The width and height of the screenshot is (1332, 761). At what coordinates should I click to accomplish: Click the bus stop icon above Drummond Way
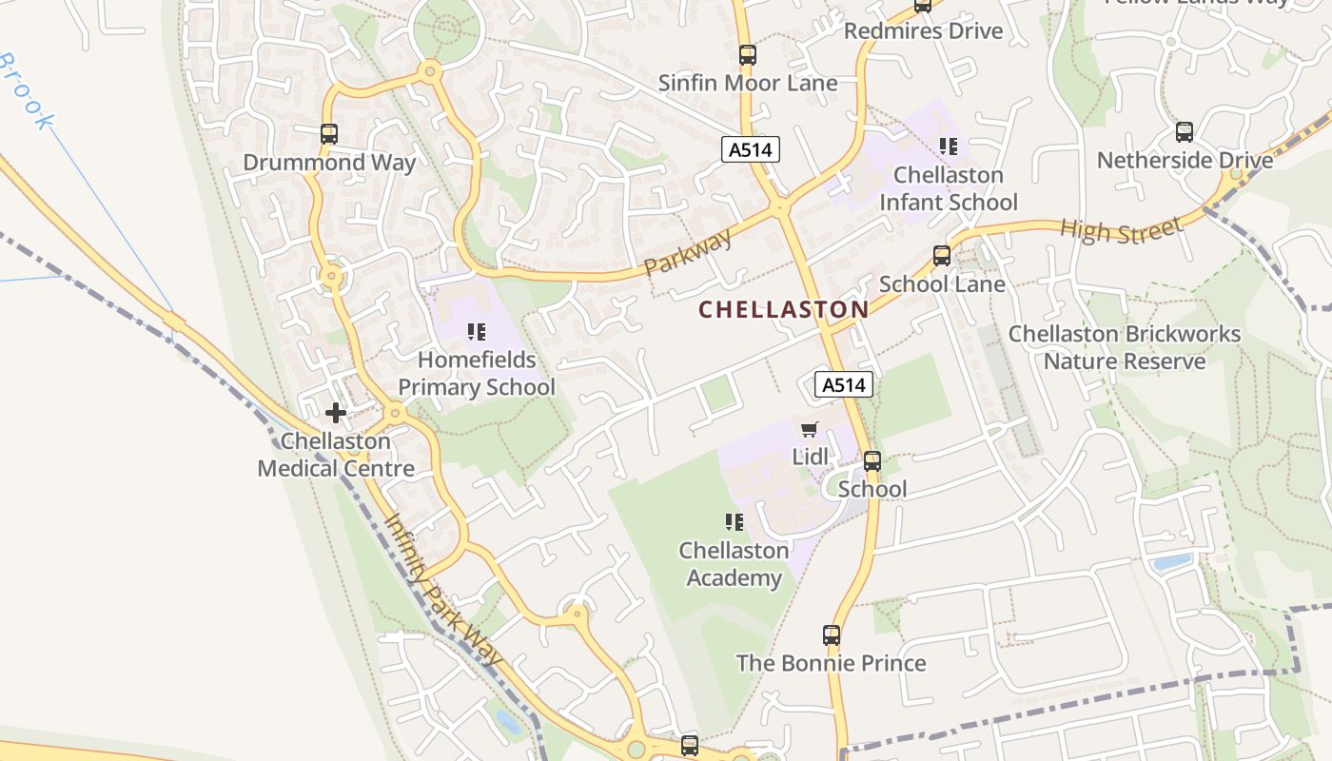tap(329, 134)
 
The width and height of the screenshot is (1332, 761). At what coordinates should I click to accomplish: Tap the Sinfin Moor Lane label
tap(748, 83)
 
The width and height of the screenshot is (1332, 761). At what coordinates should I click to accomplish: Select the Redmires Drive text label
tap(923, 30)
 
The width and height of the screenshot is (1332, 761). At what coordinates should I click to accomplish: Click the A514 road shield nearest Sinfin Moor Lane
tap(750, 149)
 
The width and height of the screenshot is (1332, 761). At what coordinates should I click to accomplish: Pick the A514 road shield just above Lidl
tap(843, 384)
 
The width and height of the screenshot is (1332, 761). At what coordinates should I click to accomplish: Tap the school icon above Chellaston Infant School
tap(948, 146)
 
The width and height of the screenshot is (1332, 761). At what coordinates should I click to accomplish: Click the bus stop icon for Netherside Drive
tap(1185, 132)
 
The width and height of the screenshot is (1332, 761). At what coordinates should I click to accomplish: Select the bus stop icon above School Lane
tap(942, 255)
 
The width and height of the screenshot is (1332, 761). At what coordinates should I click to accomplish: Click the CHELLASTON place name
tap(783, 309)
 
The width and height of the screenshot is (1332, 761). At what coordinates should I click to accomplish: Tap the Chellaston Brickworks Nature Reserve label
tap(1124, 347)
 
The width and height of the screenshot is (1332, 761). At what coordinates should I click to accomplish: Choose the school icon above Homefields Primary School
tap(477, 332)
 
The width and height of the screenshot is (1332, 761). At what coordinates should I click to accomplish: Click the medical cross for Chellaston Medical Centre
tap(335, 413)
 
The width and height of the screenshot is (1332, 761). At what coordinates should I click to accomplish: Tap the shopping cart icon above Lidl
tap(809, 430)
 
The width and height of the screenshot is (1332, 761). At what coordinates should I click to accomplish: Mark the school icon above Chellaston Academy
tap(734, 522)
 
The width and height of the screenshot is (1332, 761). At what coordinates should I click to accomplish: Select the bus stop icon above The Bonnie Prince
tap(832, 634)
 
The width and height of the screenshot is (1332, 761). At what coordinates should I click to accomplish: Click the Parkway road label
tap(688, 252)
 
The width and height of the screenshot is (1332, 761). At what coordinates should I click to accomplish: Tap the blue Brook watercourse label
tap(26, 92)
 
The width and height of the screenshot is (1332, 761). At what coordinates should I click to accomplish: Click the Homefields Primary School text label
tap(477, 374)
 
